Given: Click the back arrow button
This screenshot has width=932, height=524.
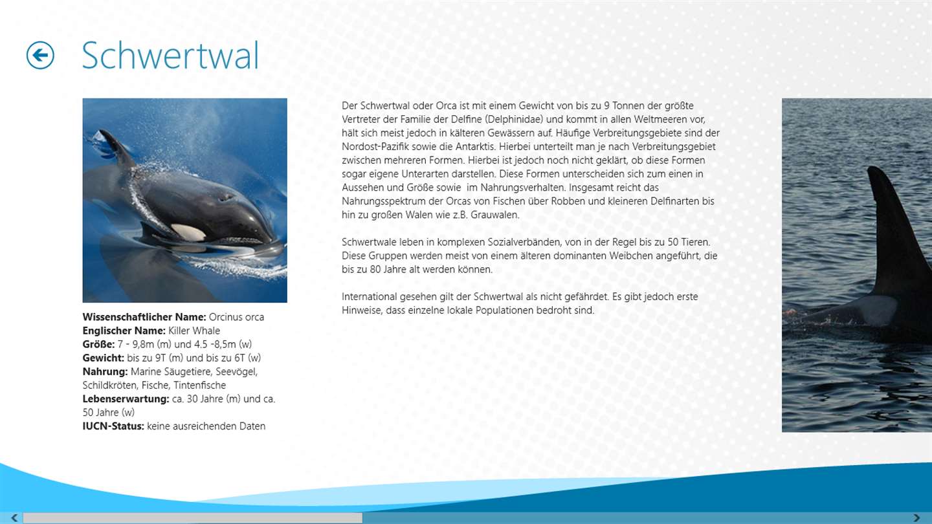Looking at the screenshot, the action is tap(40, 56).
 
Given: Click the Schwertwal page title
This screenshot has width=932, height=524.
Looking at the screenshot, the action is tap(170, 56).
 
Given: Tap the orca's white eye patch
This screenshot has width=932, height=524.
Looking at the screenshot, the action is tap(188, 232).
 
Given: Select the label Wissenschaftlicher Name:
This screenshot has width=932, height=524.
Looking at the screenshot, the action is tap(144, 317).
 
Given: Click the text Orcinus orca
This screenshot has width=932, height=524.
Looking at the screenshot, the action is tap(236, 317).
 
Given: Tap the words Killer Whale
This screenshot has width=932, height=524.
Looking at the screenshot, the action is tap(194, 331).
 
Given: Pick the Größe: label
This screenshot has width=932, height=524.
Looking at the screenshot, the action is tap(98, 344).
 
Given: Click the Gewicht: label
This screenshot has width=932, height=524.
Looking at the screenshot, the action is tap(103, 358).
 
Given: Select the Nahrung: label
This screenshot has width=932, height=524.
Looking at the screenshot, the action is tap(105, 372).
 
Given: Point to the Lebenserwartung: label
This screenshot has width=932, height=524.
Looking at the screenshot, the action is tap(126, 398).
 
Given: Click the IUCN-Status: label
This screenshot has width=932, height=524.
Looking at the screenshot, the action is tap(113, 426).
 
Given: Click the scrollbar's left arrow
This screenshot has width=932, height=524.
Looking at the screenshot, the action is tap(14, 518).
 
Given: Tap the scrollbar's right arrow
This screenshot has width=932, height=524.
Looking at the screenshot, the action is tap(916, 518).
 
